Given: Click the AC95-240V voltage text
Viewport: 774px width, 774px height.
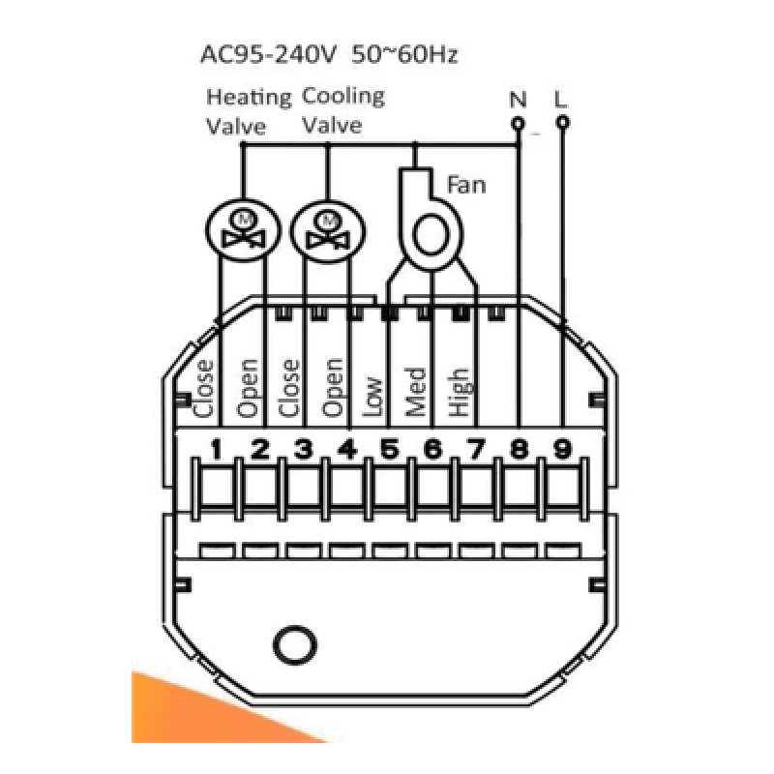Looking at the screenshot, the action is (x=268, y=54).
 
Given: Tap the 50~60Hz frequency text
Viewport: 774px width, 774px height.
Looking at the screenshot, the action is (x=404, y=54).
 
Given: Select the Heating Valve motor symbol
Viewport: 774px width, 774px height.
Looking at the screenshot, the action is (x=243, y=230).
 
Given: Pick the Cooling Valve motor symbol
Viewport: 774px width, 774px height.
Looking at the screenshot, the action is (x=328, y=230).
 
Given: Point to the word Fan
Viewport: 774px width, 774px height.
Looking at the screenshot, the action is (x=466, y=185).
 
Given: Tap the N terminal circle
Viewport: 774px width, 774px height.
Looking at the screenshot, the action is (x=518, y=123).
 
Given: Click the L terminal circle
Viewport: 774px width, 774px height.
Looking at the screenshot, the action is (x=562, y=122).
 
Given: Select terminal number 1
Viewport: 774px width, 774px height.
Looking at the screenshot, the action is (x=216, y=449).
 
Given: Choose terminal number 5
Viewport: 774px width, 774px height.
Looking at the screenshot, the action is (x=390, y=449).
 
